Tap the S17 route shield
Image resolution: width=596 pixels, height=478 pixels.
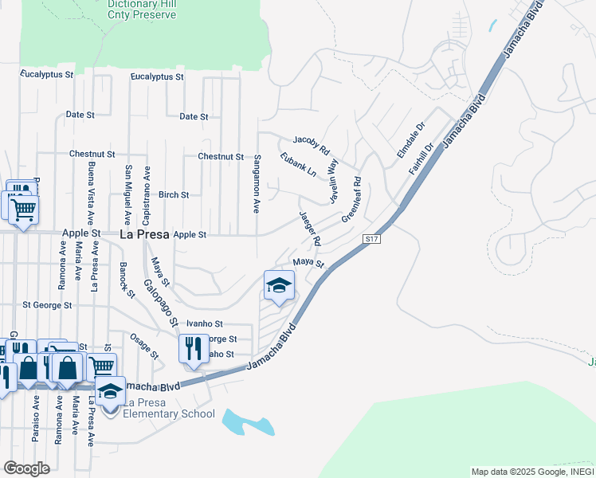(x=370, y=239)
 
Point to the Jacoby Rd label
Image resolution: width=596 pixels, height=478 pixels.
(x=311, y=144)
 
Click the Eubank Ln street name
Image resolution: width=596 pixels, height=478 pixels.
(x=298, y=165)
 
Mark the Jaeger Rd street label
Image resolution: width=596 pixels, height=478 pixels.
(x=310, y=228)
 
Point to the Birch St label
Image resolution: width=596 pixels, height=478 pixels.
(x=174, y=194)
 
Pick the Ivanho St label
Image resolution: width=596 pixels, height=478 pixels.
(x=204, y=324)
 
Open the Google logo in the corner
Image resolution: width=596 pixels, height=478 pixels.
(x=27, y=468)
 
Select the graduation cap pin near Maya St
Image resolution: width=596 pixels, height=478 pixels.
(x=279, y=285)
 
